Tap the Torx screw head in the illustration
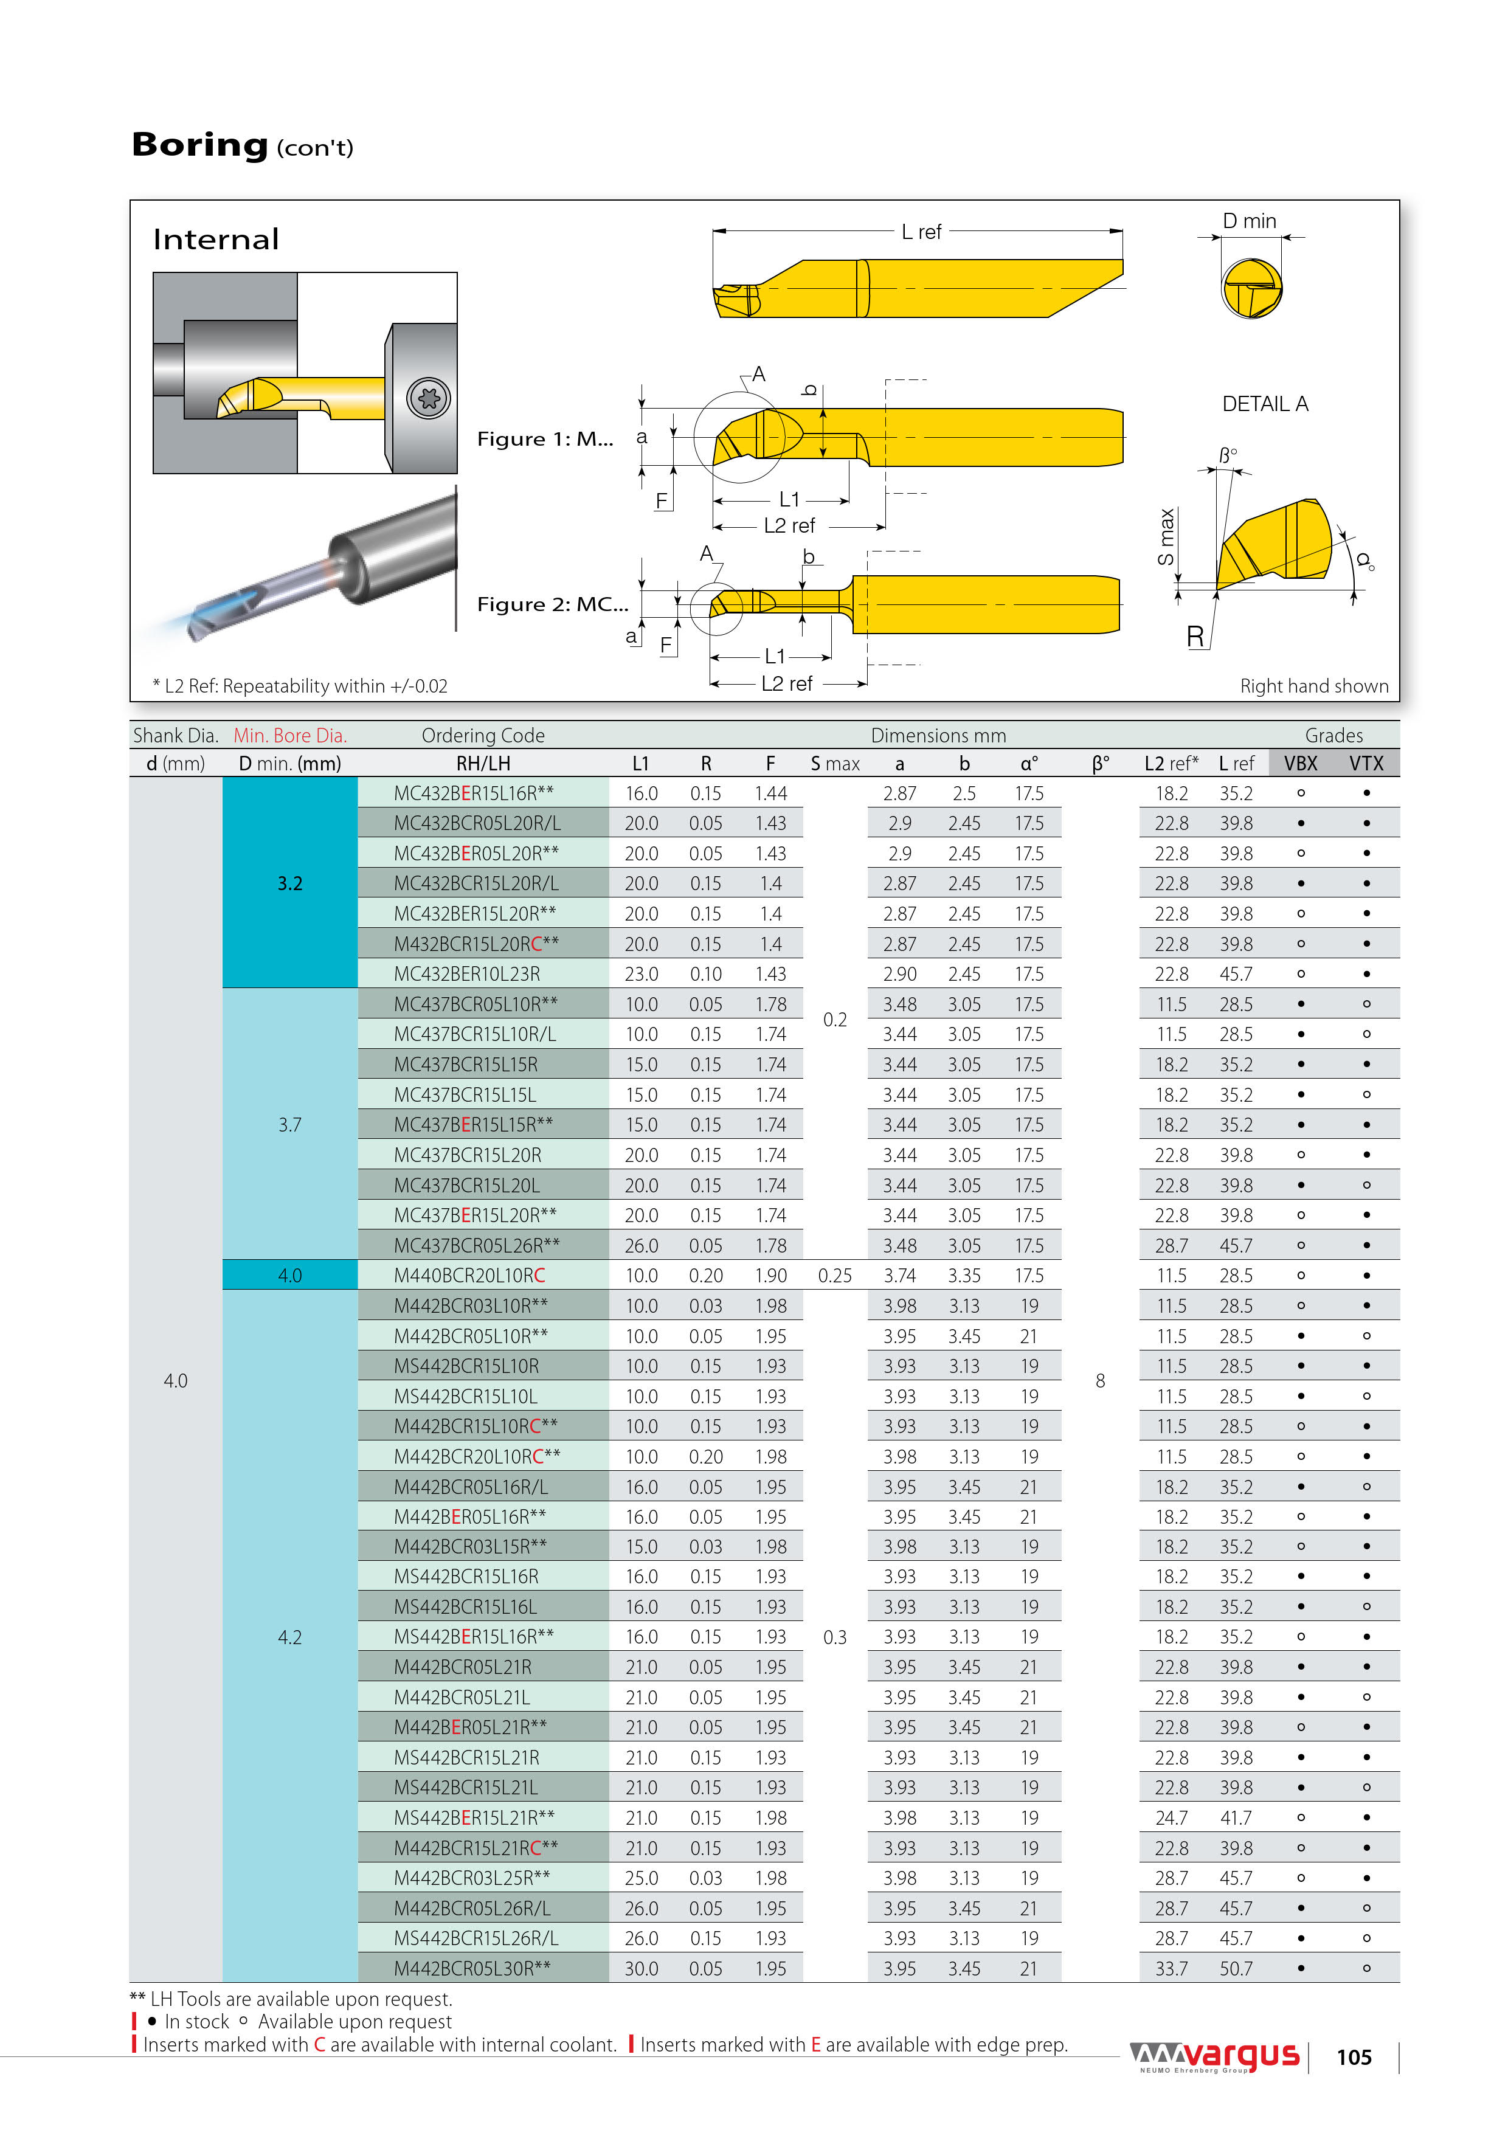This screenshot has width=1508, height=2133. [428, 398]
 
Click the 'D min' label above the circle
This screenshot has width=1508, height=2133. [1249, 221]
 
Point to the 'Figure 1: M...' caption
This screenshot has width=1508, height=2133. [544, 440]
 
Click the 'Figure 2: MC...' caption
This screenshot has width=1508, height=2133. [552, 605]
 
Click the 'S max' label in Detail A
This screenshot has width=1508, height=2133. [1166, 537]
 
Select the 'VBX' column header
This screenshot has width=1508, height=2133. [1300, 764]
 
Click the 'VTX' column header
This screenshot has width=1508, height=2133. [1366, 764]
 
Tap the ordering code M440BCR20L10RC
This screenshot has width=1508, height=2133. [469, 1276]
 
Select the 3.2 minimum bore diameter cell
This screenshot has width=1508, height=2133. [290, 883]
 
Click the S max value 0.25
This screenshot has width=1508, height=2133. [834, 1276]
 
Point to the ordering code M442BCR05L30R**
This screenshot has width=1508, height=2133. [472, 1969]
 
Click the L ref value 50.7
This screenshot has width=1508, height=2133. [1236, 1969]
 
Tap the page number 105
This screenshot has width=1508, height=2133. [1354, 2058]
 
